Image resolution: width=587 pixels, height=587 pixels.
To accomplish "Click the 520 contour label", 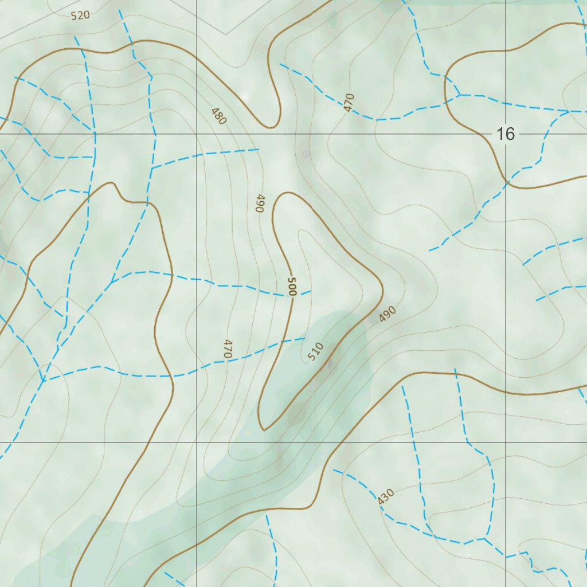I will (80, 15).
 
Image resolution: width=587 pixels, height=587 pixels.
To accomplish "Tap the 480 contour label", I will (218, 116).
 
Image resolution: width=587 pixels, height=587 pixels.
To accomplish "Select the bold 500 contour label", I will (291, 286).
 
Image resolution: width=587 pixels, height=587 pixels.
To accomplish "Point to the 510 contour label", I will (316, 351).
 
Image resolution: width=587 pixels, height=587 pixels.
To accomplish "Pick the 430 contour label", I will (386, 496).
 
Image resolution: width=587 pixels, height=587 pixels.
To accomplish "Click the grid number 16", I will (505, 134).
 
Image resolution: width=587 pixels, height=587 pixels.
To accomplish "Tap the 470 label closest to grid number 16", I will (349, 102).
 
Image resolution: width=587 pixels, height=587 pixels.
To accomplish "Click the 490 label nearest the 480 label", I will (260, 204).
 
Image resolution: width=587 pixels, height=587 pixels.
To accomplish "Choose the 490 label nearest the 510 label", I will (388, 314).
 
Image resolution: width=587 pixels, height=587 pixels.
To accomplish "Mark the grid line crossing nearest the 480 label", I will (197, 134).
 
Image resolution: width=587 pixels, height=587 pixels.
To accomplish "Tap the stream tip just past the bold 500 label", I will (311, 291).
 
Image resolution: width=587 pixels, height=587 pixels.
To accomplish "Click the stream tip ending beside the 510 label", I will (304, 338).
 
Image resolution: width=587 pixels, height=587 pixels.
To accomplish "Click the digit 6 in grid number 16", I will (510, 134).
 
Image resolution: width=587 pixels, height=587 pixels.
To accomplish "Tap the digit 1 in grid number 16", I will (500, 134).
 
